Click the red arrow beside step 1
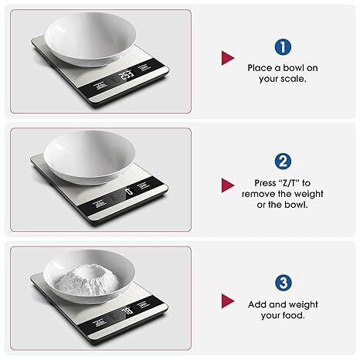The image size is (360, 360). tap(227, 59)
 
